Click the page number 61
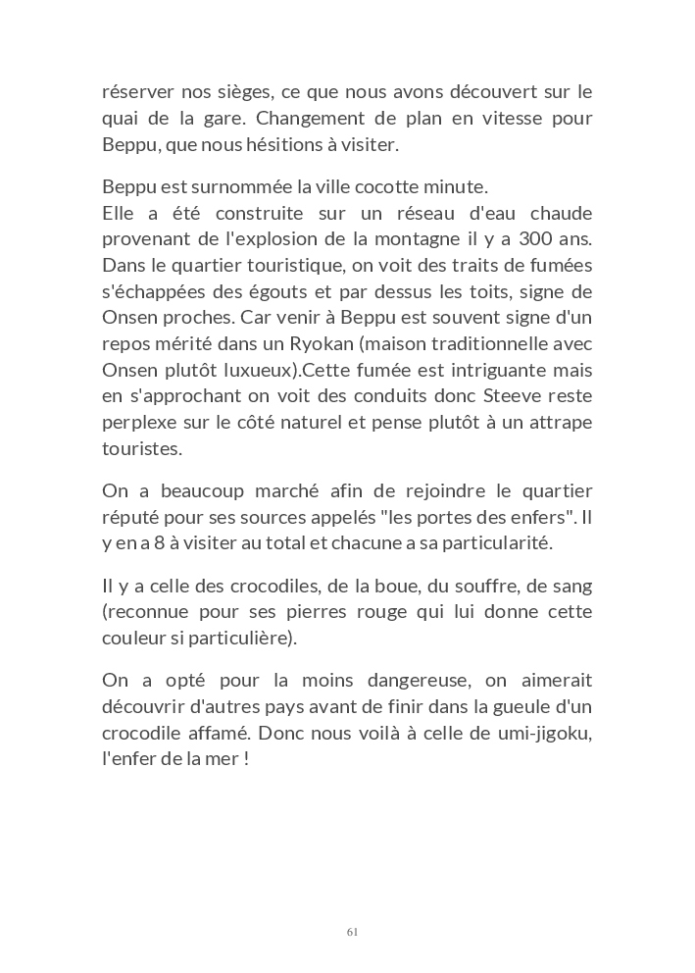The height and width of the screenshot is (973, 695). coord(352,932)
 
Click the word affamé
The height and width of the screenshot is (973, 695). coord(237,734)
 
